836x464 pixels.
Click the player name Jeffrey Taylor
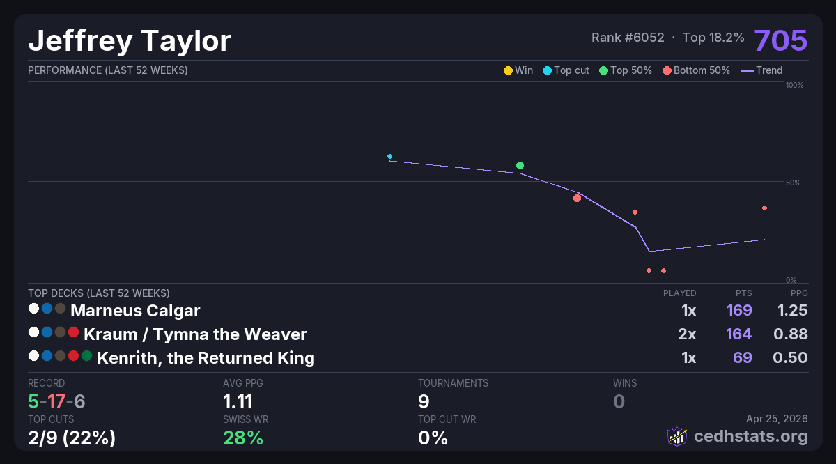[x=130, y=41]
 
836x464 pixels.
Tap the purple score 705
[x=780, y=40]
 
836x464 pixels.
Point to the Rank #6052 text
[x=628, y=38]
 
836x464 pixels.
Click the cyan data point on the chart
[x=389, y=156]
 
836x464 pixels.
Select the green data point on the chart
[x=520, y=165]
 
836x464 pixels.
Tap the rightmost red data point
[x=764, y=208]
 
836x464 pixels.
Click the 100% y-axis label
[x=794, y=85]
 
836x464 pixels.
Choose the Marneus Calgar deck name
[x=135, y=310]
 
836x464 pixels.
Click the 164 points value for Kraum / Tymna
[x=739, y=334]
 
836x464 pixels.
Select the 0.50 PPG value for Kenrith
[x=791, y=358]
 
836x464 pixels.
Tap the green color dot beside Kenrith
[x=86, y=356]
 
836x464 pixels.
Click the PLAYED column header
[x=679, y=293]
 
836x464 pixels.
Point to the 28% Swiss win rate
[x=243, y=438]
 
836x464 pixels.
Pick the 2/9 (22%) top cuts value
[x=72, y=438]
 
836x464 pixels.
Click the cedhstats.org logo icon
[x=676, y=436]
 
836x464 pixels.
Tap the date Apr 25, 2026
[x=777, y=419]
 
